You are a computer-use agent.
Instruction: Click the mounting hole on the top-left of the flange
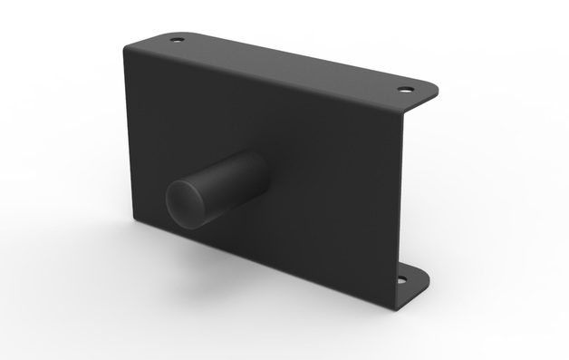pos(177,40)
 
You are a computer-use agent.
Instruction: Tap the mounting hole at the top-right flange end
pos(406,90)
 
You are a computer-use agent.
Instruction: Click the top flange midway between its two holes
pos(290,63)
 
